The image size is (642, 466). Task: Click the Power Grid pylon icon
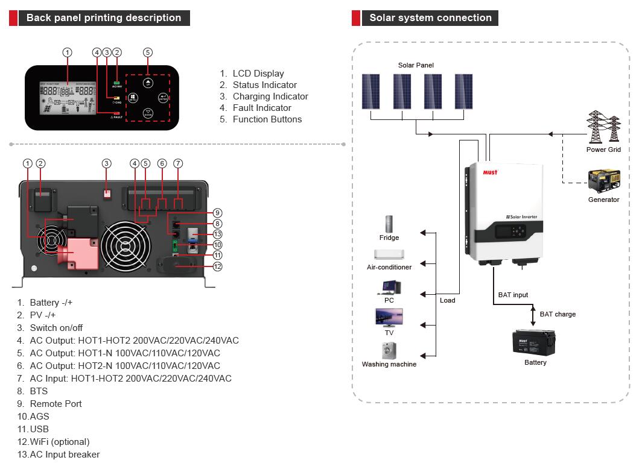tap(603, 127)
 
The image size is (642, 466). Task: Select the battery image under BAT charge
tap(534, 342)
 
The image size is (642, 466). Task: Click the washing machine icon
tap(389, 350)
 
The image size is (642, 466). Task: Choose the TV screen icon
tap(389, 317)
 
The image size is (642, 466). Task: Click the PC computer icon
tap(389, 287)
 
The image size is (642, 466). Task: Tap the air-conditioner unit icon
tap(389, 254)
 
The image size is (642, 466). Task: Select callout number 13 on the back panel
tap(218, 234)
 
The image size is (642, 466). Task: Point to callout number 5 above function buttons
tap(148, 52)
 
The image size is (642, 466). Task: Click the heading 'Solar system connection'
tap(430, 17)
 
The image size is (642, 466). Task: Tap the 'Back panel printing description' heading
tap(104, 17)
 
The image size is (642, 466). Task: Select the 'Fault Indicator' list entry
tap(262, 108)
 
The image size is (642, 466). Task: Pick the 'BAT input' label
tap(513, 295)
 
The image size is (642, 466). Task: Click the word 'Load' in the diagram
tap(448, 300)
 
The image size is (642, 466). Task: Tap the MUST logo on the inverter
tap(490, 172)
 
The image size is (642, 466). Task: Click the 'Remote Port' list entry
tap(56, 404)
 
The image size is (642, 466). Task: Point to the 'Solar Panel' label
tap(416, 65)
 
